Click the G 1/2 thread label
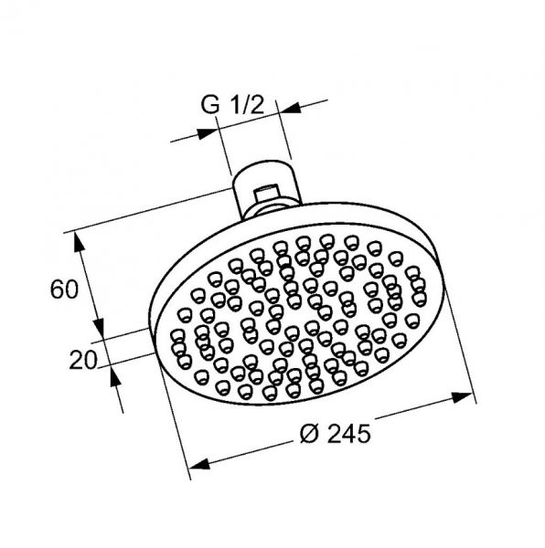coord(232,104)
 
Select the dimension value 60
coord(64,290)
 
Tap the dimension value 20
coord(82,360)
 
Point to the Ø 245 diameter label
coord(335,434)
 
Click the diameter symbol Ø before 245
coord(310,434)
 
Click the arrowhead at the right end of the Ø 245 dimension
coord(462,397)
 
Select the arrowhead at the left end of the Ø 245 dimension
coord(199,464)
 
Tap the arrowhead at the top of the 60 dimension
coord(79,242)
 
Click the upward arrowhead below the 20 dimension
coord(115,375)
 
